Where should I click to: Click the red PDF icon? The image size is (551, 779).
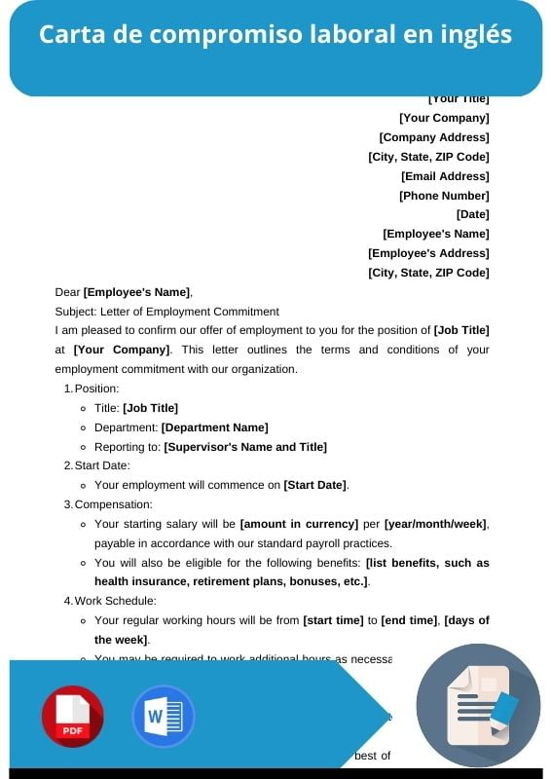pos(72,716)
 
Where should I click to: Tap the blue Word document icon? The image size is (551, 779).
pos(163,716)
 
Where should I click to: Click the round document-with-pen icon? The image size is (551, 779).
pos(477,705)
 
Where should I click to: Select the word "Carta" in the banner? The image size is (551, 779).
pos(67,35)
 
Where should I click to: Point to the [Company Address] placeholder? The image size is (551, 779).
pos(434,137)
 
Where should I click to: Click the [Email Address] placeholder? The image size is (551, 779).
pos(445,176)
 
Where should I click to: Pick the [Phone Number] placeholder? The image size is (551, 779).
pos(444,196)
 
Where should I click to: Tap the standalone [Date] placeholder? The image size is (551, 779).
pos(473,214)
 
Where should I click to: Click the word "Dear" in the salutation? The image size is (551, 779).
pos(67,292)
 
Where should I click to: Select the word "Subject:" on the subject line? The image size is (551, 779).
pos(76,312)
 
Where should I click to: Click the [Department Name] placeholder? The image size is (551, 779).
pos(214,427)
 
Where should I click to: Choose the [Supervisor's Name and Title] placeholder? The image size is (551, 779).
pos(245,447)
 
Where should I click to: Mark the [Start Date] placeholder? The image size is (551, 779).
pos(314,485)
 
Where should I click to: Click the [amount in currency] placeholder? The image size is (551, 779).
pos(299,524)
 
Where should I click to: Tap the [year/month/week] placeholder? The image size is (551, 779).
pos(435,524)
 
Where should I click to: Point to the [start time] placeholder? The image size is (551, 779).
pos(333,620)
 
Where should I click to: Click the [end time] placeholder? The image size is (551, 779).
pos(410,620)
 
